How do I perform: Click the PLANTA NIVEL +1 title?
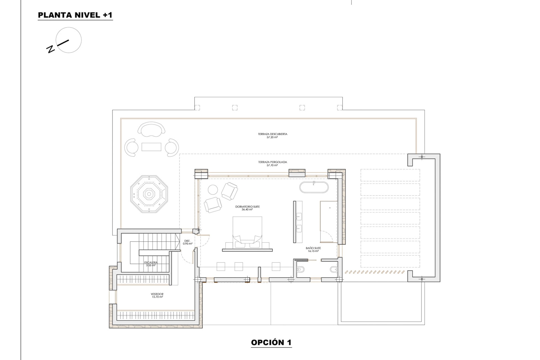[x=75, y=15]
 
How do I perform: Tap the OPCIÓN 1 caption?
[x=271, y=343]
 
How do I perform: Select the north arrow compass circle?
[x=69, y=40]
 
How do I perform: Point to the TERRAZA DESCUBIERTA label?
[x=273, y=134]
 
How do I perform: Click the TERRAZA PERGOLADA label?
[x=273, y=162]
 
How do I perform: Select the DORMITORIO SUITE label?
[x=247, y=207]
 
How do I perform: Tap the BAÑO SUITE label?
[x=313, y=248]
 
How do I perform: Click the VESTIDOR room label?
[x=157, y=294]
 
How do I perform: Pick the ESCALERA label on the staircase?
[x=151, y=263]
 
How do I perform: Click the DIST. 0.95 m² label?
[x=187, y=242]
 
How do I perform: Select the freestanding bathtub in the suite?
[x=314, y=187]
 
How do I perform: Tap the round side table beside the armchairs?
[x=213, y=190]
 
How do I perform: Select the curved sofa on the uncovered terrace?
[x=151, y=129]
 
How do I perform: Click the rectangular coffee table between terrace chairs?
[x=151, y=147]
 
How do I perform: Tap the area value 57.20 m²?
[x=272, y=138]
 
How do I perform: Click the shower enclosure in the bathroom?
[x=328, y=222]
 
